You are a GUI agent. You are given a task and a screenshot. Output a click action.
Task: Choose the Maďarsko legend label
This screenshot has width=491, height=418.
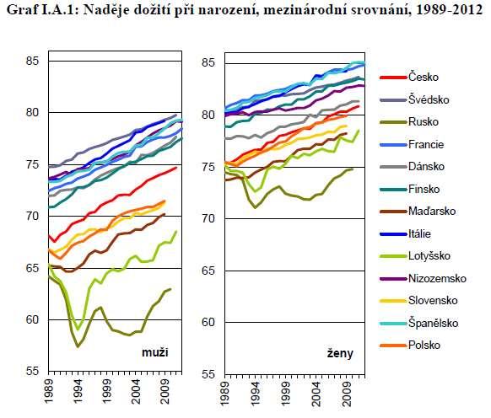432,211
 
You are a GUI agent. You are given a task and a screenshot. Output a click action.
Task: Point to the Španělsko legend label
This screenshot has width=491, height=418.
433,323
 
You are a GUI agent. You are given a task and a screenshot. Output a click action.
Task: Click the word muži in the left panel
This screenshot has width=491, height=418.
155,352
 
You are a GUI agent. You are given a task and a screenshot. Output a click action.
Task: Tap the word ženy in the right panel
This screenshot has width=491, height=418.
340,354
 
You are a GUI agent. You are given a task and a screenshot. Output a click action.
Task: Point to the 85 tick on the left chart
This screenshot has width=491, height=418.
33,61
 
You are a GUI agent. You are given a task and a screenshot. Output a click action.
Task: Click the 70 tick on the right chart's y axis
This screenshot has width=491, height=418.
208,218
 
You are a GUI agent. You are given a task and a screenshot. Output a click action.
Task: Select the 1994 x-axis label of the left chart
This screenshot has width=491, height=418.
78,392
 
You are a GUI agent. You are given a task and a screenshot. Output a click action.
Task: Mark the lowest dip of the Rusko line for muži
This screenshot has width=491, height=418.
78,346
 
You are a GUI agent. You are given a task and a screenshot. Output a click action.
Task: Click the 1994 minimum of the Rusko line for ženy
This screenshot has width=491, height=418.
256,208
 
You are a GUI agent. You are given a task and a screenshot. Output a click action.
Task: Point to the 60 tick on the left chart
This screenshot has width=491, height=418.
33,319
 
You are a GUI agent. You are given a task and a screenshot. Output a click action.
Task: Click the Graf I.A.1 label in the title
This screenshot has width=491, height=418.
44,10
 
